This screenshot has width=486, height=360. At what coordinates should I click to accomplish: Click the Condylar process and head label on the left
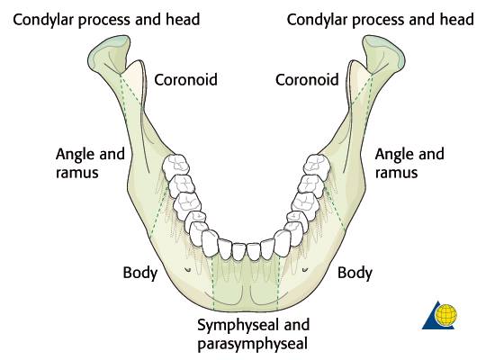tap(106, 20)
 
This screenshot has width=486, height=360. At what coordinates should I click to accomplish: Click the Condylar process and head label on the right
tap(381, 20)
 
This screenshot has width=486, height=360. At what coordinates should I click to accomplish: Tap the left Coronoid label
tap(185, 80)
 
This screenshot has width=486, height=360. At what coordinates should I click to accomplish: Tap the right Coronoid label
tap(307, 80)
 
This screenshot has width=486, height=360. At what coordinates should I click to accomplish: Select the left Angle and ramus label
tap(90, 163)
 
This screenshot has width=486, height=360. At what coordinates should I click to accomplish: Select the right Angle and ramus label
tap(409, 163)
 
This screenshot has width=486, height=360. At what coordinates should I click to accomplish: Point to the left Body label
tap(140, 274)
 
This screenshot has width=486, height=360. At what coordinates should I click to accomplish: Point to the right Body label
tap(355, 274)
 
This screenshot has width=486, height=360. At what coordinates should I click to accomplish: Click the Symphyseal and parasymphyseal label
tap(253, 334)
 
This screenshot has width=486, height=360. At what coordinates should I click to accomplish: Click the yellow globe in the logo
tap(446, 315)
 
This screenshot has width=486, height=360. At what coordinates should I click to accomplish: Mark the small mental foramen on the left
tap(187, 270)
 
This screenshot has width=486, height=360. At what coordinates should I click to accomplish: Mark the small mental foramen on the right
tap(305, 270)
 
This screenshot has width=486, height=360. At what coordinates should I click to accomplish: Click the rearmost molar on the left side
tap(175, 166)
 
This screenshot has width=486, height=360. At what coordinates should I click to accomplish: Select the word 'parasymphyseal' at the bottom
tap(253, 344)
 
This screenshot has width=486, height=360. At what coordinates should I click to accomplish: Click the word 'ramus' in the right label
tap(396, 173)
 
